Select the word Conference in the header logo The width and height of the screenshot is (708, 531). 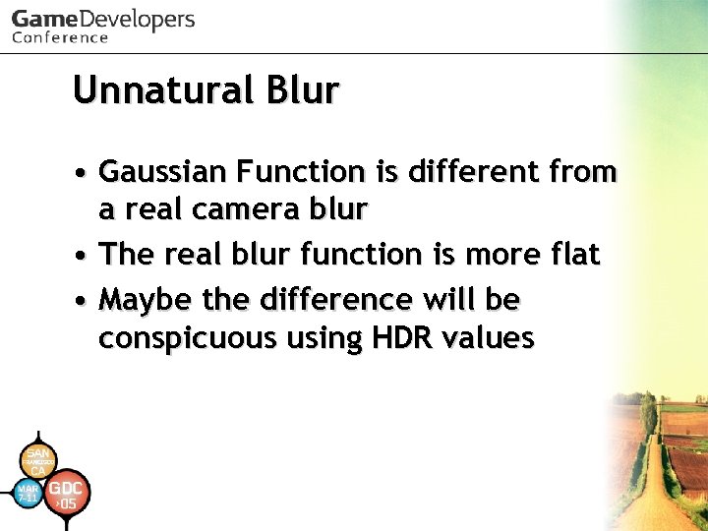[60, 38]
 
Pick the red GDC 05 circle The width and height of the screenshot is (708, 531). [67, 495]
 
